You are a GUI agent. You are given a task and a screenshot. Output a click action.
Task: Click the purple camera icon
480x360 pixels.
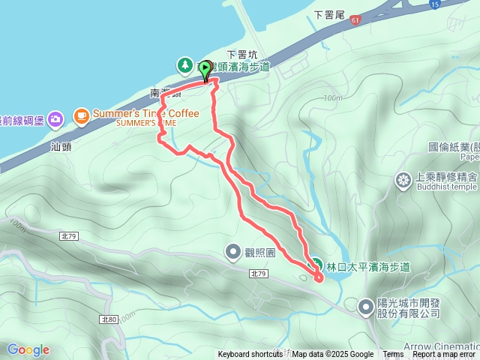click(55, 118)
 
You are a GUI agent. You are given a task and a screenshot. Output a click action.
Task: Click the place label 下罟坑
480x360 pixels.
click(241, 54)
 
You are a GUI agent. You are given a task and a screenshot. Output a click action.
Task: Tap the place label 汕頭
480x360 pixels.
click(61, 146)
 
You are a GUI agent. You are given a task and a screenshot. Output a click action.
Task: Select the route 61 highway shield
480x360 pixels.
click(354, 20)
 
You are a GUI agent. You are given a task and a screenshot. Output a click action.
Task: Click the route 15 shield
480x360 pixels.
click(435, 4)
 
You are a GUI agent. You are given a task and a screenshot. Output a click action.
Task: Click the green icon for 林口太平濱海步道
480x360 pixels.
click(316, 265)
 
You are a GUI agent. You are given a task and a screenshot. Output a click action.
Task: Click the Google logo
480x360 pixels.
click(28, 349)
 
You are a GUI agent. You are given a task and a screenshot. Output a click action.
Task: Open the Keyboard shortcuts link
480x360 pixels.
click(250, 355)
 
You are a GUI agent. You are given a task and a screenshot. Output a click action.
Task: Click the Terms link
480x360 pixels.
click(393, 355)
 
